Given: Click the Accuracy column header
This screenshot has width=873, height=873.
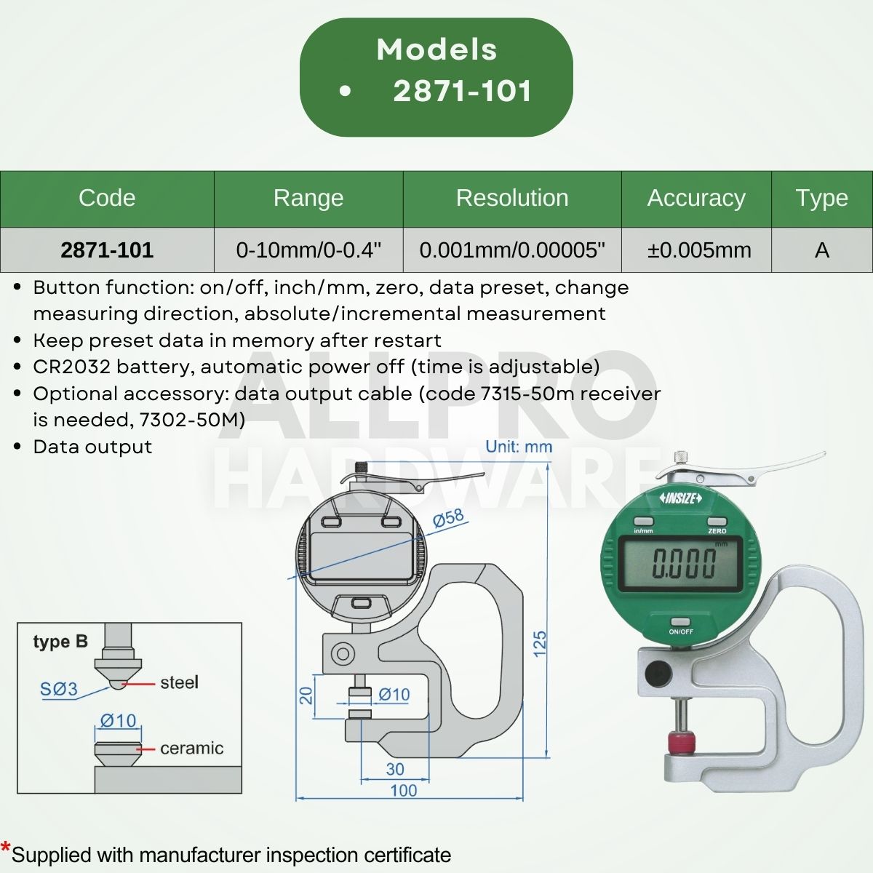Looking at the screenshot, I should (x=696, y=198).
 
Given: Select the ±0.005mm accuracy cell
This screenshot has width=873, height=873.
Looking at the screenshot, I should (x=699, y=250).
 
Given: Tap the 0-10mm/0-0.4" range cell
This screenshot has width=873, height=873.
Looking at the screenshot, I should (x=308, y=250).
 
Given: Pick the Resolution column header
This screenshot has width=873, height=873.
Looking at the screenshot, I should (x=512, y=198).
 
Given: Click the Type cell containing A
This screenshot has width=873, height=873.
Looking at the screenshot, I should (x=822, y=250).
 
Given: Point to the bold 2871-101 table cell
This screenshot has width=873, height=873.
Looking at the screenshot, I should (x=107, y=250).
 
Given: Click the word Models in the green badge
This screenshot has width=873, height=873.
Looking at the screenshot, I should (x=436, y=49).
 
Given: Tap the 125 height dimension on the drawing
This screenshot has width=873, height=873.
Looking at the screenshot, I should (x=540, y=644).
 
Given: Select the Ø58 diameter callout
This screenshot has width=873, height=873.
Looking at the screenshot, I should (x=448, y=519).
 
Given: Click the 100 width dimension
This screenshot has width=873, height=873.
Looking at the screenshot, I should (x=404, y=790).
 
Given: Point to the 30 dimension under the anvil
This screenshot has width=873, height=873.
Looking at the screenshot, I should (x=395, y=770).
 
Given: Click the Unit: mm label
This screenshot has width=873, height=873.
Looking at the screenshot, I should (x=519, y=447).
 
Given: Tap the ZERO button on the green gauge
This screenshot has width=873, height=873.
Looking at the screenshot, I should (x=717, y=522).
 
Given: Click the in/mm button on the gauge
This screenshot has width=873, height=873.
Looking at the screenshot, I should (x=644, y=522).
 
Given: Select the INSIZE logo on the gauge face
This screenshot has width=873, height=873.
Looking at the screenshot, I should (x=681, y=498).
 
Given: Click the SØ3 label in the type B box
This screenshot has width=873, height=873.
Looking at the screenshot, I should (x=58, y=688).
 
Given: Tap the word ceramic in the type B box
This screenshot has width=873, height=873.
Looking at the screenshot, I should (x=191, y=748).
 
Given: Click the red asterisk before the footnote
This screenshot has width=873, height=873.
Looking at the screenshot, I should (x=6, y=848).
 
